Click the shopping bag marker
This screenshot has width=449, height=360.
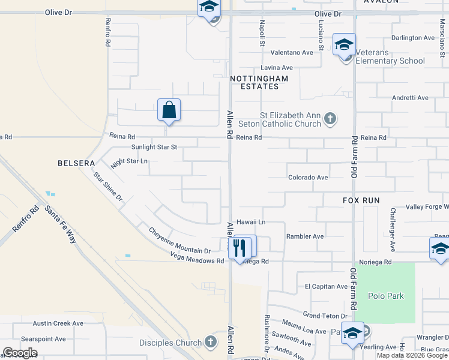(x=169, y=110)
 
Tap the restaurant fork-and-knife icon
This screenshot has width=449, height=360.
(x=240, y=247)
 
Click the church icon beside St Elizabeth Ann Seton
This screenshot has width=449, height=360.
(x=330, y=119)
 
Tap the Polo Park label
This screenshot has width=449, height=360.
(x=387, y=296)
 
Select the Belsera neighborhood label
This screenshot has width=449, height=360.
(x=76, y=163)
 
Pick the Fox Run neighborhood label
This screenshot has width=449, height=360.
(x=362, y=200)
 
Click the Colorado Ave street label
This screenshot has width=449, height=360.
(x=308, y=178)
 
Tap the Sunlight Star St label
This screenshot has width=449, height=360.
(x=154, y=147)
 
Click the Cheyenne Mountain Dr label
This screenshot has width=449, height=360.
(x=179, y=241)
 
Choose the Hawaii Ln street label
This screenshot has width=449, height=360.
(x=251, y=222)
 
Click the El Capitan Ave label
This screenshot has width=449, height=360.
(x=327, y=287)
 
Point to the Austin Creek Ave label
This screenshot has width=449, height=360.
(x=58, y=323)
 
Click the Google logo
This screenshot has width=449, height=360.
(x=20, y=353)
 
